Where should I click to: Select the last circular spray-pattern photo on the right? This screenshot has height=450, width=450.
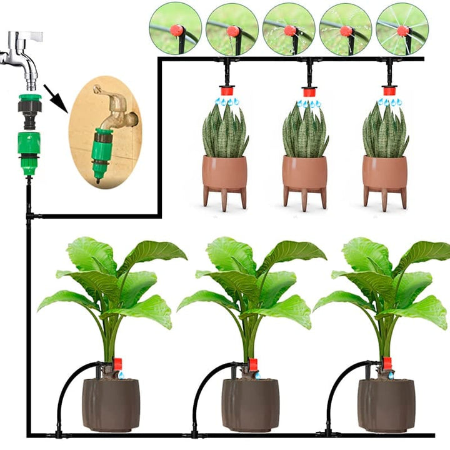tap(402, 28)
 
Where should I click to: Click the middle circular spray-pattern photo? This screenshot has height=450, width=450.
tap(289, 28)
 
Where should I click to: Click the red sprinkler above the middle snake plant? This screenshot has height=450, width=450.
tap(309, 92)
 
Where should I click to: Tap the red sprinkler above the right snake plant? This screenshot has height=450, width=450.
tap(389, 92)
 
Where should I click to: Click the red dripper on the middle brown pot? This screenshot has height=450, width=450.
tap(253, 364)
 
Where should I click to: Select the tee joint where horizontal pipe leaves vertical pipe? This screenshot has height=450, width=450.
tap(29, 216)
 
